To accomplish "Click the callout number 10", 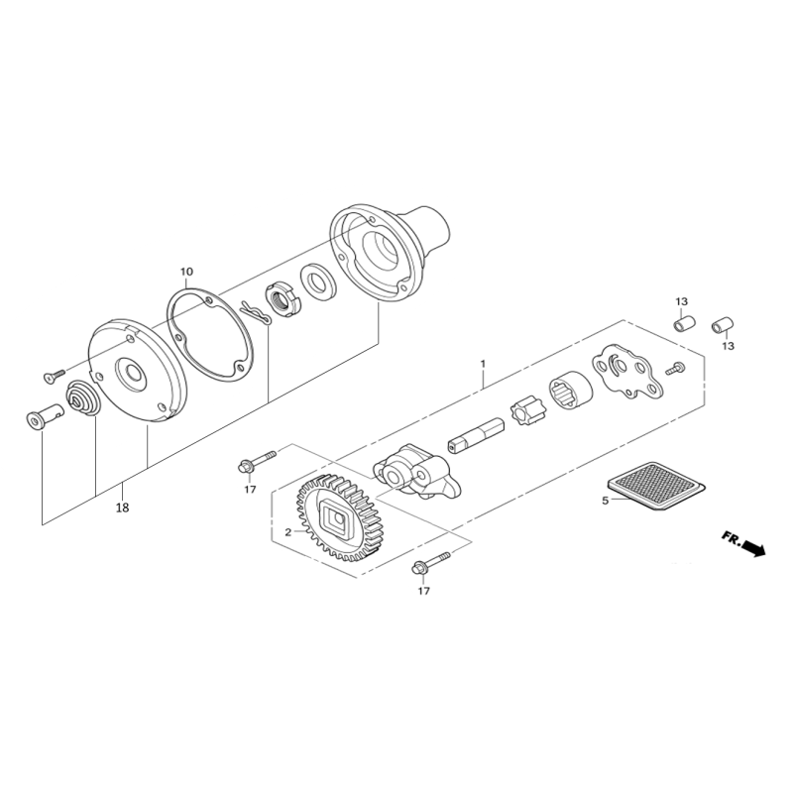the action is coord(186,272).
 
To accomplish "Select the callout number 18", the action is coord(122,508).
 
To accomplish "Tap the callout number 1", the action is coord(483,364).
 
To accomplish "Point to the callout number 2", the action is coord(287,532).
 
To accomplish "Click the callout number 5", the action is coord(606,501).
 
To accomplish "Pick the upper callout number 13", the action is coord(681,301).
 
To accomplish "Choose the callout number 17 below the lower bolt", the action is coord(424,590).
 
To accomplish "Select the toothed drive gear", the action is coord(339,517).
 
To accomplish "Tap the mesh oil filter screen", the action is coord(656,486).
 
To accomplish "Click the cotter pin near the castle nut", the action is coord(256,313).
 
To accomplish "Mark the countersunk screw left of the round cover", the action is coord(55,375).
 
